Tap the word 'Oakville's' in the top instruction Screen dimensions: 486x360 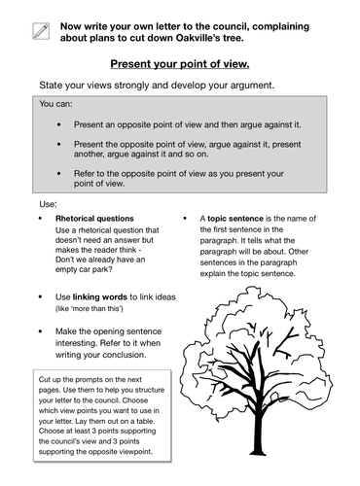tap(228, 41)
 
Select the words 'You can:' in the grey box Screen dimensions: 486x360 tap(57, 102)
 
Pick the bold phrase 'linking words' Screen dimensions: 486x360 tap(103, 295)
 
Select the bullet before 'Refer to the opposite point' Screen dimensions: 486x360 tap(62, 173)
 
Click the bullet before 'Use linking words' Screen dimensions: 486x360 tap(40, 295)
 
